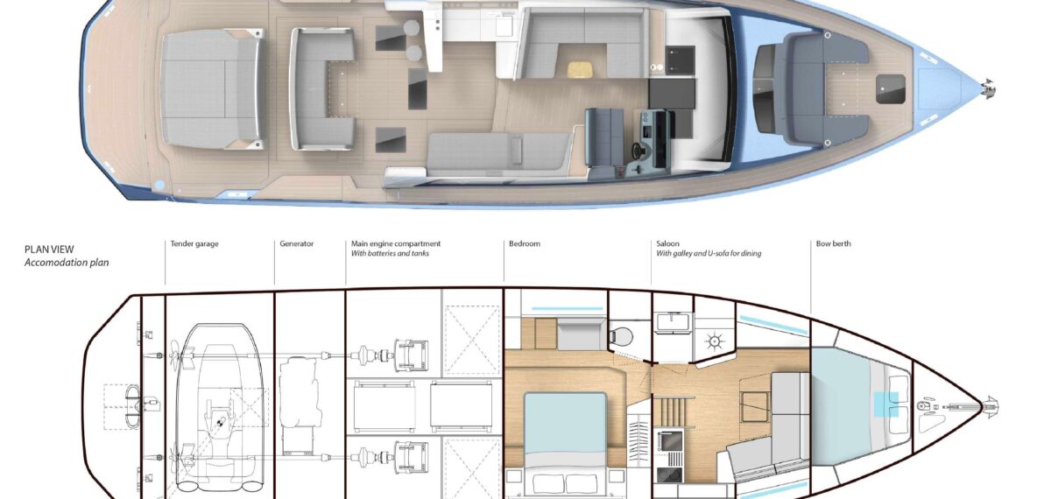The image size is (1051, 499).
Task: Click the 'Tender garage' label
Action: click(194, 244)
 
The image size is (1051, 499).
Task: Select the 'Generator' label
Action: click(297, 244)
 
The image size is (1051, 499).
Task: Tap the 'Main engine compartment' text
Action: click(396, 244)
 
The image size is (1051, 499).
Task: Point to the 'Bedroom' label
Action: click(525, 244)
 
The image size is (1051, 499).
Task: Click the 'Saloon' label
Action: click(667, 244)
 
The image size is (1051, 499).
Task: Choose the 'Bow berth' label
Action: click(833, 244)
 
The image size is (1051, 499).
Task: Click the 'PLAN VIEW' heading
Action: click(49, 249)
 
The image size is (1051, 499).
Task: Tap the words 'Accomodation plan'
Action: click(67, 263)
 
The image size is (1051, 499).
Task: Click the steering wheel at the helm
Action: click(638, 150)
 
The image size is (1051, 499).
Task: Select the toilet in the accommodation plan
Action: click(622, 336)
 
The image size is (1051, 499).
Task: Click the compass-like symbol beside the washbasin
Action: click(714, 341)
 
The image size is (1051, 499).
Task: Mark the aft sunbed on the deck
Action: click(212, 88)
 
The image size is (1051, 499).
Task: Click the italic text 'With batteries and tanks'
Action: click(390, 254)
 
